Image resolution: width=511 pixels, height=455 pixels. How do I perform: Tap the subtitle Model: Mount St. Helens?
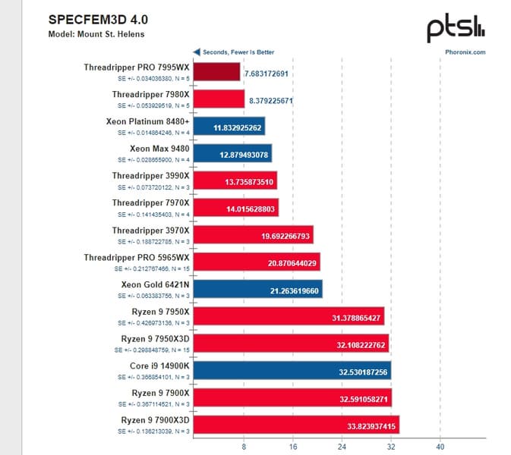coord(96,33)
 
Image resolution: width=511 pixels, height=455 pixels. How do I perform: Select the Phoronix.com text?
coord(465,52)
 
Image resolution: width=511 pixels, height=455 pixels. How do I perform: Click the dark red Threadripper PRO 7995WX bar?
coord(216,72)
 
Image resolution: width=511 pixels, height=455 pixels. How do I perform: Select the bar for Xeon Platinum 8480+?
coord(229,126)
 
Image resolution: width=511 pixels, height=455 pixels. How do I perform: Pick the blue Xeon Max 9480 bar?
coord(232,152)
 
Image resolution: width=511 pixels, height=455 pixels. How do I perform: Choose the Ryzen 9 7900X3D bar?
coord(295,424)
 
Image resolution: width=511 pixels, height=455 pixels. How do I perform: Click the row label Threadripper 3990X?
coord(150,175)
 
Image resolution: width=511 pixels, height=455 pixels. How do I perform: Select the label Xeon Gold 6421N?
coord(155,284)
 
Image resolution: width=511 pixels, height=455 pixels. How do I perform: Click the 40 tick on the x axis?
coord(439,446)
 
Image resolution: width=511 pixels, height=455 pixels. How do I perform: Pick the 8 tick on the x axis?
coord(243,446)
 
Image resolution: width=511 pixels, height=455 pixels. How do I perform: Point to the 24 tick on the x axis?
coord(341,446)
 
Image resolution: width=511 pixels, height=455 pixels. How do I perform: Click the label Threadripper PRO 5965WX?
coord(137,257)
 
